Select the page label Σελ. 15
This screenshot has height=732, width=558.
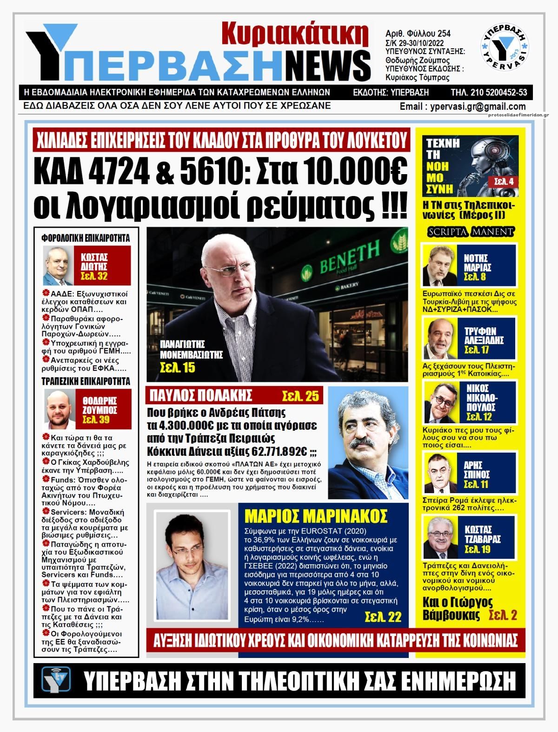point(177,368)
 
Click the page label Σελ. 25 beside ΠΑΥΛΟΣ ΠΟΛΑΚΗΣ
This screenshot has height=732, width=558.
point(300,396)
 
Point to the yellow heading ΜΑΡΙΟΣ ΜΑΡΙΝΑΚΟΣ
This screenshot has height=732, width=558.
point(316,516)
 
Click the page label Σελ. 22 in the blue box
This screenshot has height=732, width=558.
point(383,617)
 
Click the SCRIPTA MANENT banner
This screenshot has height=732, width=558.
point(470,231)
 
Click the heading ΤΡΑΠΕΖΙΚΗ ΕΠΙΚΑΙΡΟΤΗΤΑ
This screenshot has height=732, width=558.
point(86,381)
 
